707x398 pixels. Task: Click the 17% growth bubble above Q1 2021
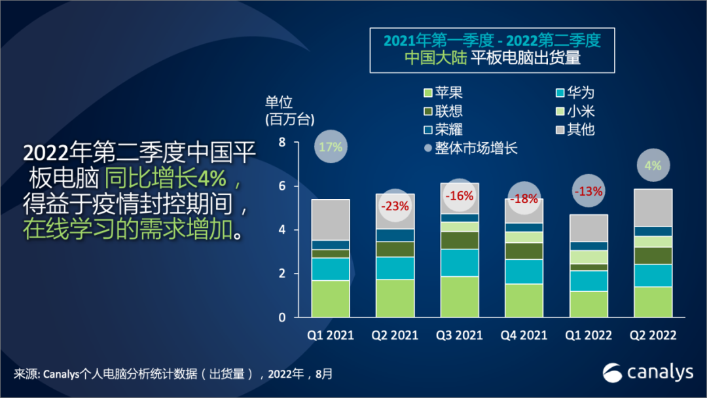pyautogui.click(x=331, y=147)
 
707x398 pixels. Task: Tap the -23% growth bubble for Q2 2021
pyautogui.click(x=395, y=206)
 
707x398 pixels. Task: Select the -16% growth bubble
pyautogui.click(x=459, y=195)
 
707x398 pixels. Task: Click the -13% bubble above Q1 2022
pyautogui.click(x=588, y=192)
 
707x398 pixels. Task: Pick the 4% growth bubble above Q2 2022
pyautogui.click(x=652, y=166)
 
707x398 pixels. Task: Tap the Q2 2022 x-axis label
pyautogui.click(x=652, y=335)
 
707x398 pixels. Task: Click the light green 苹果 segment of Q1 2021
pyautogui.click(x=331, y=298)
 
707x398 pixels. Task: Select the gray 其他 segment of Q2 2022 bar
pyautogui.click(x=652, y=208)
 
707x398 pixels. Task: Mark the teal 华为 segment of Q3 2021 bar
pyautogui.click(x=459, y=262)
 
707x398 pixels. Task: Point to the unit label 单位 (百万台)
pyautogui.click(x=289, y=111)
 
